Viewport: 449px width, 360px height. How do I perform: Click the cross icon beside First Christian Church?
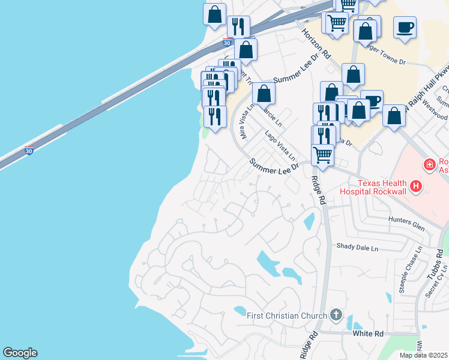click(x=336, y=315)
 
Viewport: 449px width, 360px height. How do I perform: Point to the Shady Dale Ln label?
click(x=358, y=247)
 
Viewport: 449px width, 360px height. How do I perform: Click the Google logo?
click(x=20, y=353)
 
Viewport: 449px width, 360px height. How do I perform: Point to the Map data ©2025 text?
click(x=424, y=355)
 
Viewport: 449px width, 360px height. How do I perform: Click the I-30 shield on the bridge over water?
click(x=29, y=150)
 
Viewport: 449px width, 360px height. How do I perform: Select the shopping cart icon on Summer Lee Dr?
click(x=323, y=155)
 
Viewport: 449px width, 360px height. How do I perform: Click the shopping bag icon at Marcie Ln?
click(x=264, y=94)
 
